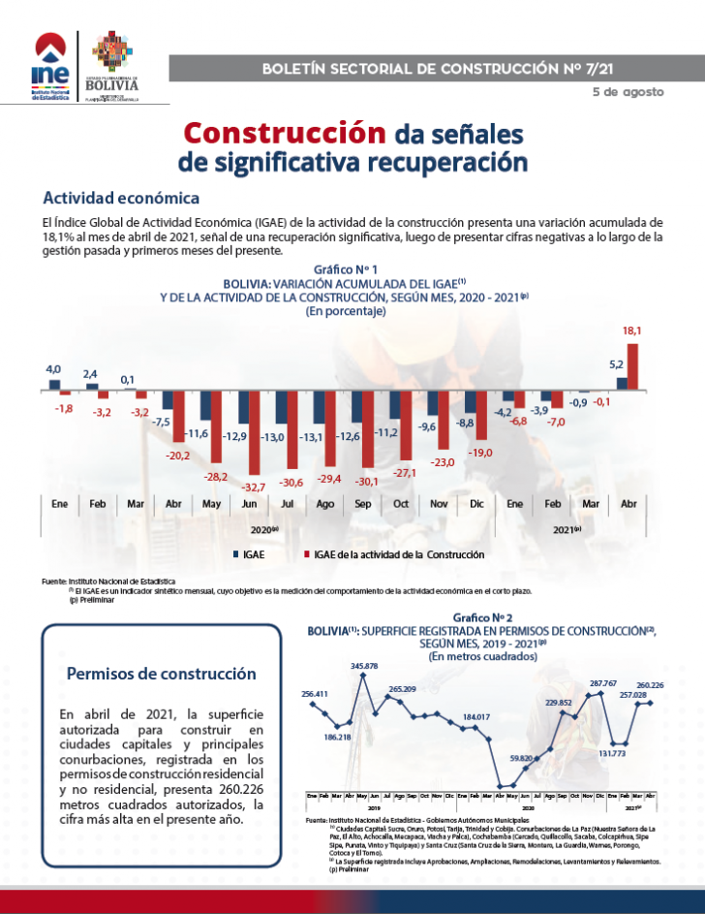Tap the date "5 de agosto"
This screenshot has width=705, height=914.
628,92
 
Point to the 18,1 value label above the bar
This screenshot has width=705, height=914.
631,331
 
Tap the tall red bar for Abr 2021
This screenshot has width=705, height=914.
633,365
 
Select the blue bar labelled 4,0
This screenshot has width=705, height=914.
55,385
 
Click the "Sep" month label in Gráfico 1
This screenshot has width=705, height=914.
362,505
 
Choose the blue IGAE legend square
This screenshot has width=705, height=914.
235,554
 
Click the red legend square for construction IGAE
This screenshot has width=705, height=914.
306,554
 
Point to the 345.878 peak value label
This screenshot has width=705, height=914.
364,665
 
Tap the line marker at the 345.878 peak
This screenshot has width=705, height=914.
363,676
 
